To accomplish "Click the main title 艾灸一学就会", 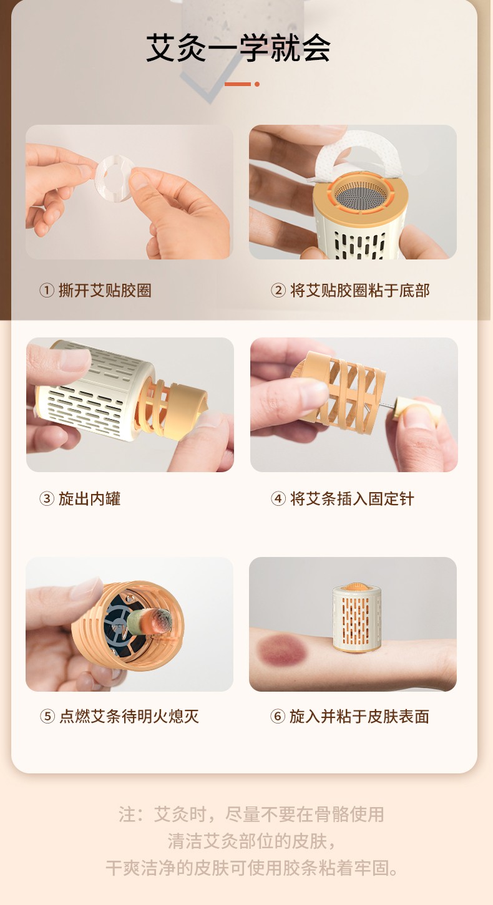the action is (x=238, y=48).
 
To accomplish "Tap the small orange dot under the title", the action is (x=257, y=84).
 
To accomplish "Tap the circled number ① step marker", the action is (x=46, y=290).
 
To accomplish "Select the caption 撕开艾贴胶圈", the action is (x=105, y=290).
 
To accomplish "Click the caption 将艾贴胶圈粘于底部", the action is (x=359, y=290).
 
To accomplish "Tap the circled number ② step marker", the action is (x=278, y=290).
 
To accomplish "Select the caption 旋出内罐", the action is (x=89, y=498).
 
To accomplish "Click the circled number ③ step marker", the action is (x=46, y=498).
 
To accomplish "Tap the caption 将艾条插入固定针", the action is (x=352, y=498).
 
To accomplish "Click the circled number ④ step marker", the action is (x=278, y=498).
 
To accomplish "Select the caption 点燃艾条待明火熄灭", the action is (x=129, y=716).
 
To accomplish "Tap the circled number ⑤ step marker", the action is (x=47, y=716).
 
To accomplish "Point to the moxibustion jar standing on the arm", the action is (x=357, y=617).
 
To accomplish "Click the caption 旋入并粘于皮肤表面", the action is (x=359, y=716).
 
